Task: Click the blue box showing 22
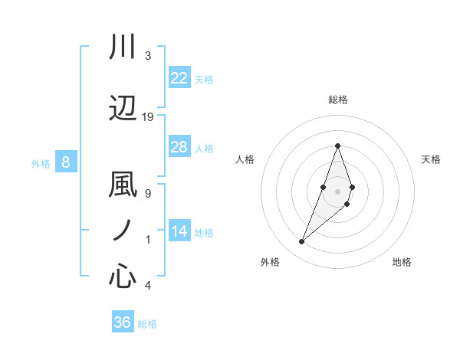(179, 77)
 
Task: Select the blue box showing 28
(179, 147)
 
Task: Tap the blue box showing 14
(179, 231)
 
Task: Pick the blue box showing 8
(66, 162)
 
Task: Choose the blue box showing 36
(123, 322)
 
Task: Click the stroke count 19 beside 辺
(148, 116)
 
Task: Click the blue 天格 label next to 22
(204, 79)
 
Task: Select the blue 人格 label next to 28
(204, 149)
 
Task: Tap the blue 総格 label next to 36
(147, 324)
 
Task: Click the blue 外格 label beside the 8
(40, 163)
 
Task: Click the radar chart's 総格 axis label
(337, 100)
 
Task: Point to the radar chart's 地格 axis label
(402, 262)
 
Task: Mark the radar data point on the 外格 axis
(301, 242)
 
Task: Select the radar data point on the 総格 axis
(337, 145)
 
